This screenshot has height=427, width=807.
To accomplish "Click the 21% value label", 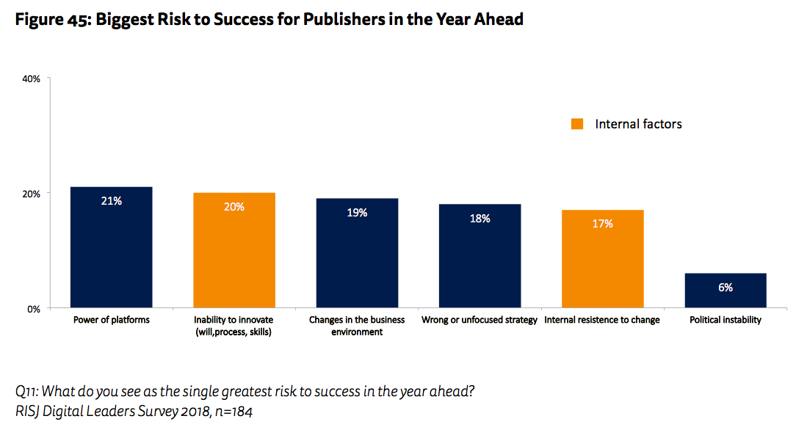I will [112, 200].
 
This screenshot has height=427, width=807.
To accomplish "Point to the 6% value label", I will [725, 288].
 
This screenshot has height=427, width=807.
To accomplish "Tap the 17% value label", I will [602, 224].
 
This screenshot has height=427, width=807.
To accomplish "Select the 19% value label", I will [357, 212].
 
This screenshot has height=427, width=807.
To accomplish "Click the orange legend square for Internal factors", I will [578, 124].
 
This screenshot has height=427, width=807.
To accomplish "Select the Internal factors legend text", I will [638, 124].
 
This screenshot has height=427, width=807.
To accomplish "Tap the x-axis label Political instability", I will [725, 320].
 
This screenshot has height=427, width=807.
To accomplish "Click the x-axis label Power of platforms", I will [112, 320].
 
